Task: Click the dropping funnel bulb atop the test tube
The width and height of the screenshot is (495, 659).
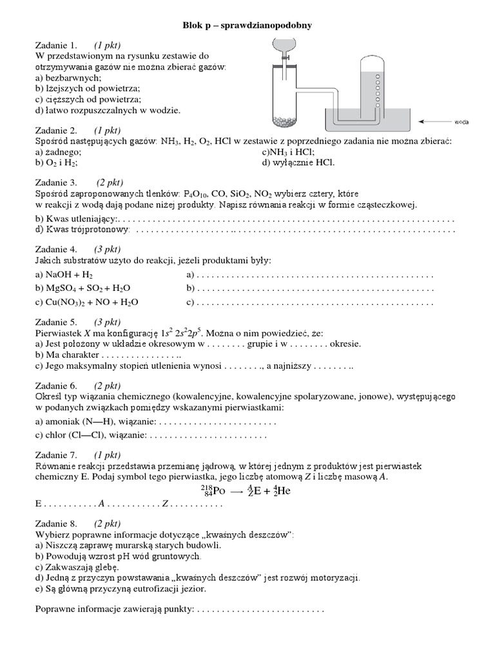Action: tap(282, 45)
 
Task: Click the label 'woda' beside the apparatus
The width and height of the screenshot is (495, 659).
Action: tap(461, 121)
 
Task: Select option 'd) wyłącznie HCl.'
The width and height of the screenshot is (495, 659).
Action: tap(298, 162)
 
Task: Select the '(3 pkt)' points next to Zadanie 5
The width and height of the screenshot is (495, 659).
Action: tap(107, 322)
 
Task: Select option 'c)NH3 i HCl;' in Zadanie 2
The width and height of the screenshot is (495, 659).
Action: tap(288, 152)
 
